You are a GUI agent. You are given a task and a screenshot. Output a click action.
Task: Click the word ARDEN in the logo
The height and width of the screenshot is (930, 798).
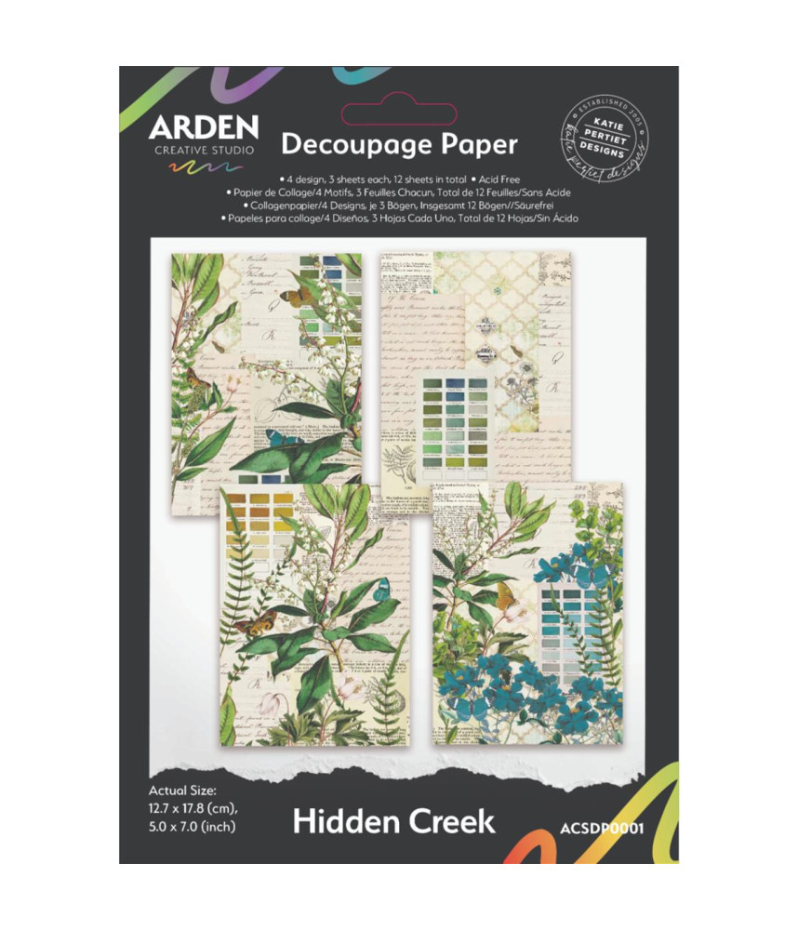click(203, 127)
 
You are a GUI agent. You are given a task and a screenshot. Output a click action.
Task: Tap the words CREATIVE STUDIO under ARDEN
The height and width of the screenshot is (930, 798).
click(203, 150)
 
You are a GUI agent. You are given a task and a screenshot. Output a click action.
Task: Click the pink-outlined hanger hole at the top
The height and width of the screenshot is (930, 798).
click(399, 113)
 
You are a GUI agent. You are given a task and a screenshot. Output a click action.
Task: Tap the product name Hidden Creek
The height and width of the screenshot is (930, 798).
click(394, 821)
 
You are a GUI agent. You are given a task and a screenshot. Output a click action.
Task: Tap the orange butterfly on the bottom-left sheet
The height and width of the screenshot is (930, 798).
click(253, 623)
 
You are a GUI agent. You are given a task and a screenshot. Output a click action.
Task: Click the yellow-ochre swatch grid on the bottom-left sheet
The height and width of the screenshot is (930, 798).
click(259, 525)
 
